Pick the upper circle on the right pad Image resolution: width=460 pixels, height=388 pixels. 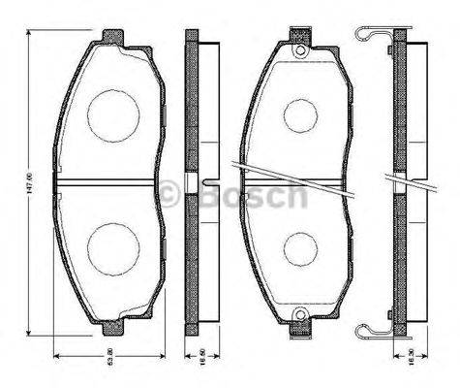(301, 114)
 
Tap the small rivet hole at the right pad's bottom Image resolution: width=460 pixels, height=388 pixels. (300, 314)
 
